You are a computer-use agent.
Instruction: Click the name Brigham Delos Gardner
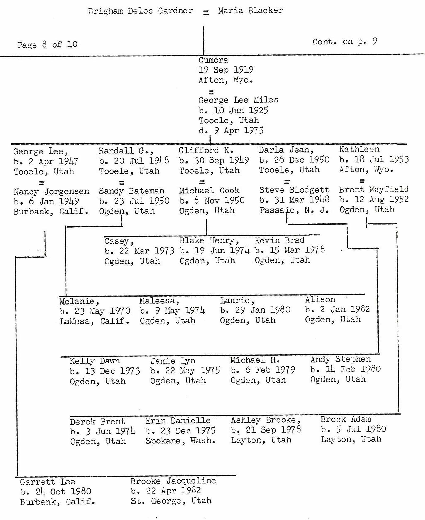pyautogui.click(x=141, y=11)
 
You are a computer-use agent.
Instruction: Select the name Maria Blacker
pyautogui.click(x=250, y=10)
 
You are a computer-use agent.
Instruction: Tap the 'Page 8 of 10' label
pyautogui.click(x=47, y=44)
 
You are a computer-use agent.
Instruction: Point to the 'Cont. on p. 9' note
pyautogui.click(x=345, y=41)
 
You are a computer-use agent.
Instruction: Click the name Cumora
pyautogui.click(x=213, y=60)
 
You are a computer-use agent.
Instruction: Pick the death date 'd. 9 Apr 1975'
pyautogui.click(x=231, y=130)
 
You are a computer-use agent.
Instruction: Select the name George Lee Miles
pyautogui.click(x=238, y=100)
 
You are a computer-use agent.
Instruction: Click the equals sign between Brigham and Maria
pyautogui.click(x=206, y=12)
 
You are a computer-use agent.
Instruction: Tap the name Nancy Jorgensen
pyautogui.click(x=51, y=191)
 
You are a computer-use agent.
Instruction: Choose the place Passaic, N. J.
pyautogui.click(x=294, y=210)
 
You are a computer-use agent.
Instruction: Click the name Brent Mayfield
pyautogui.click(x=373, y=189)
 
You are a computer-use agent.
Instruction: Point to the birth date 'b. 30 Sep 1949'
pyautogui.click(x=214, y=160)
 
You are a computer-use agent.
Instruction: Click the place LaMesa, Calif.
pyautogui.click(x=94, y=321)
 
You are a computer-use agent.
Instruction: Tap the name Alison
pyautogui.click(x=320, y=299)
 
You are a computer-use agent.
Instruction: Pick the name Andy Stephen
pyautogui.click(x=340, y=359)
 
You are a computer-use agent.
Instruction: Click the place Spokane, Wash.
pyautogui.click(x=180, y=441)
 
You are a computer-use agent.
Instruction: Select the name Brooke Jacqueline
pyautogui.click(x=173, y=481)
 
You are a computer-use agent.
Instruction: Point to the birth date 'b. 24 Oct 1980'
pyautogui.click(x=56, y=492)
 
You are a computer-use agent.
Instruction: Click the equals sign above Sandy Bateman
pyautogui.click(x=122, y=183)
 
